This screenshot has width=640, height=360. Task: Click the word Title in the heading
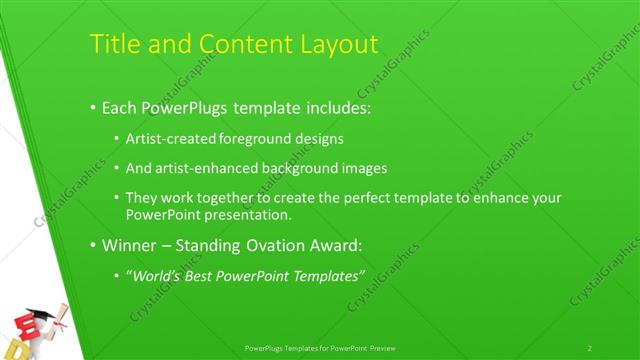click(x=112, y=45)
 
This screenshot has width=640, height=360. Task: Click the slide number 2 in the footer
click(x=590, y=347)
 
